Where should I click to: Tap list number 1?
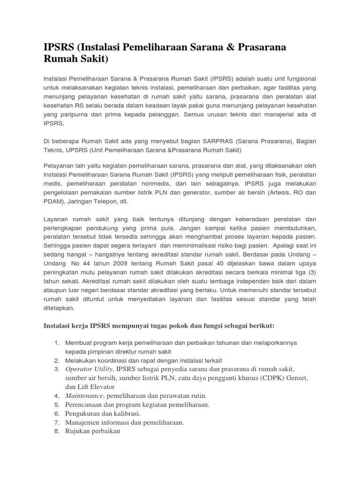(56, 343)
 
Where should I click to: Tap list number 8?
(56, 431)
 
